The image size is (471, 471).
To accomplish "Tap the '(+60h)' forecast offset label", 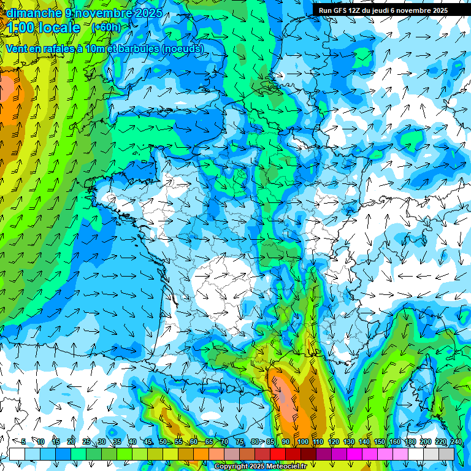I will click(106, 27).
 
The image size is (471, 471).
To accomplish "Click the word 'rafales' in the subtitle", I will click(60, 48).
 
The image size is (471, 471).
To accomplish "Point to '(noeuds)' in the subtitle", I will click(182, 48).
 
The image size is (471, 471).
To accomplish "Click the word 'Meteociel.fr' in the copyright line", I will click(285, 467).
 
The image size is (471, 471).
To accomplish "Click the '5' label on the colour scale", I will click(23, 442).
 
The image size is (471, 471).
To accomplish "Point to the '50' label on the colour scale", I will click(163, 442).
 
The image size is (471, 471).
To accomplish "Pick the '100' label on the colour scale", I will click(302, 442).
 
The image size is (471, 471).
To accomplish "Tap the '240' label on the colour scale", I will click(456, 442).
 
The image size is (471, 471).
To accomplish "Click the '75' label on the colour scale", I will click(240, 442).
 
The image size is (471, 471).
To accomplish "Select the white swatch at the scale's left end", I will click(17, 454).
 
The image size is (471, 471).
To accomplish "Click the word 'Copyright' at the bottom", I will click(230, 467).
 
